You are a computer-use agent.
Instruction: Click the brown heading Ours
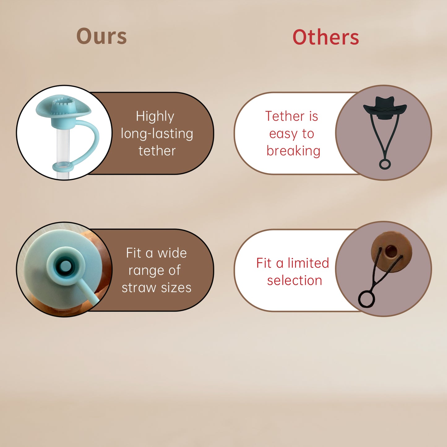pyautogui.click(x=101, y=36)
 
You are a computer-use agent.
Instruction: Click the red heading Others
pyautogui.click(x=326, y=37)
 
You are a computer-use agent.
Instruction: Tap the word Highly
pyautogui.click(x=155, y=116)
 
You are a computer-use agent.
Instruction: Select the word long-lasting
pyautogui.click(x=157, y=134)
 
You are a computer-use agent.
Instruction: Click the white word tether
pyautogui.click(x=157, y=151)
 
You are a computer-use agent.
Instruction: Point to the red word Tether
pyautogui.click(x=285, y=116)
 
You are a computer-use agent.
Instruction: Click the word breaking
pyautogui.click(x=293, y=151)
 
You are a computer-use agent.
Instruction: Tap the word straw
pyautogui.click(x=139, y=288)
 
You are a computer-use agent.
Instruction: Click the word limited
pyautogui.click(x=308, y=263)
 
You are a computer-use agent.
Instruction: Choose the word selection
pyautogui.click(x=294, y=281)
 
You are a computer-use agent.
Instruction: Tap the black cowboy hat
pyautogui.click(x=385, y=108)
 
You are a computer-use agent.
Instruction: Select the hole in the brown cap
pyautogui.click(x=391, y=250)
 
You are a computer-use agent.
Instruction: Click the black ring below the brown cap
pyautogui.click(x=367, y=299)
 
